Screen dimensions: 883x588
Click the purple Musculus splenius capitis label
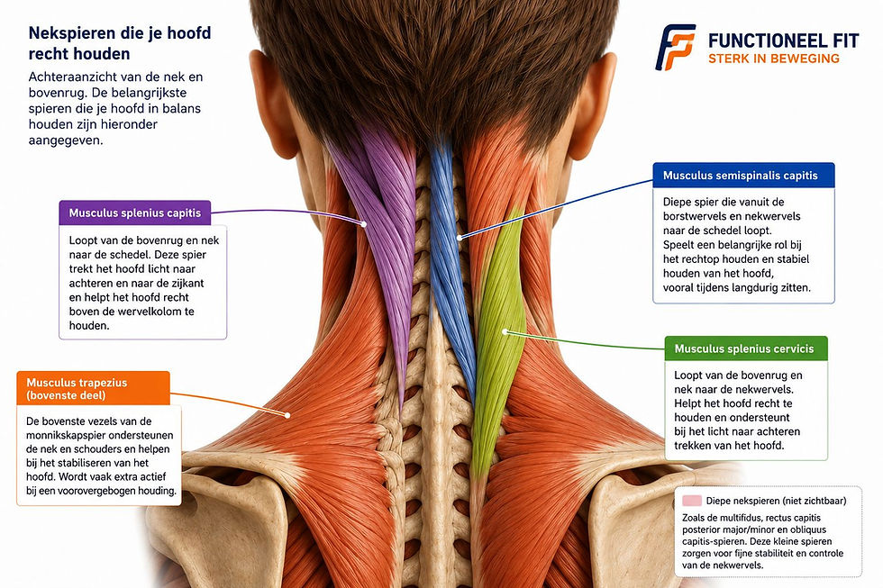[134, 213]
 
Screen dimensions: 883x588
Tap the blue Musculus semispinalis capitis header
[743, 176]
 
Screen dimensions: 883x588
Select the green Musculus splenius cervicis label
[746, 348]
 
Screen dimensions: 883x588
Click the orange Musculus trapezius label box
[93, 388]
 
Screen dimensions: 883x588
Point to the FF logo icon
[675, 47]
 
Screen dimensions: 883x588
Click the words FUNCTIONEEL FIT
[783, 41]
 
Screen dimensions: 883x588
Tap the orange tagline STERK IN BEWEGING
[774, 59]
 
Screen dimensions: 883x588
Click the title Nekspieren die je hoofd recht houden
[119, 43]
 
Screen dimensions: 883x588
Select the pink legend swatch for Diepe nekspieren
[692, 501]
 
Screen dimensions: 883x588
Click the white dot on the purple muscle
[364, 224]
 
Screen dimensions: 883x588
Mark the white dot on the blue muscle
[460, 238]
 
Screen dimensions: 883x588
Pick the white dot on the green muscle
[505, 332]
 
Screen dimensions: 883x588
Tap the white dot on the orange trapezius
[287, 415]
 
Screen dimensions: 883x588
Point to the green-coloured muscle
[498, 338]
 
